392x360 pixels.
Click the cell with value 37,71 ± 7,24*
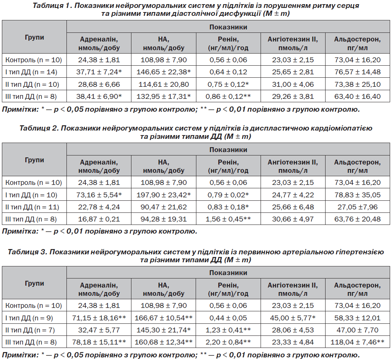(99, 72)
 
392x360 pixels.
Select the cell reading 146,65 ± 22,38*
(164, 72)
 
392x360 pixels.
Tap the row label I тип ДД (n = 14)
(31, 72)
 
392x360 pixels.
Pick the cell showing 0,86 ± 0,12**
(228, 97)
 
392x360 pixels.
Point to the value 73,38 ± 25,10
(358, 84)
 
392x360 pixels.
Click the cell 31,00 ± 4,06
(293, 84)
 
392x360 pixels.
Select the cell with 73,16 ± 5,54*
(99, 195)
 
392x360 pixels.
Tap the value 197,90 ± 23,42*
(164, 195)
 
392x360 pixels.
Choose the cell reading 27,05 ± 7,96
(358, 207)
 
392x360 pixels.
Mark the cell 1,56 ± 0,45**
(228, 219)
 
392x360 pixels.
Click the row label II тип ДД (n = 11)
(32, 207)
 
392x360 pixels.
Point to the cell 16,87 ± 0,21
(99, 219)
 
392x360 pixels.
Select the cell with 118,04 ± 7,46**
(358, 342)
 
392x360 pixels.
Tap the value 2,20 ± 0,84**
(228, 342)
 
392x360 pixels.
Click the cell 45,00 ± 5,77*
(293, 318)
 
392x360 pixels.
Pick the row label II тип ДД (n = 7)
(30, 330)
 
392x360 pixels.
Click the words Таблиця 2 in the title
(39, 128)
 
